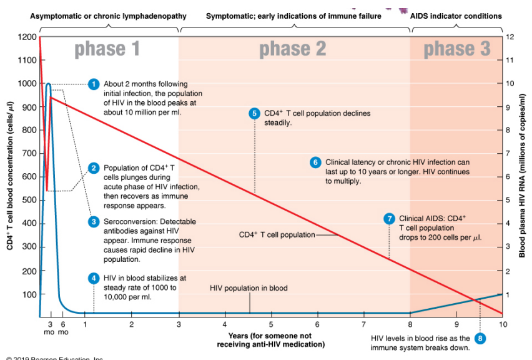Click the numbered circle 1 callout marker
[x=94, y=84]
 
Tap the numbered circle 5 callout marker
[x=254, y=113]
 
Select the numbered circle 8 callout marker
[x=480, y=338]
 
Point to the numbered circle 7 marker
[x=390, y=218]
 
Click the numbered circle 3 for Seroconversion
[x=94, y=221]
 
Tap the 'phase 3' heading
[x=457, y=49]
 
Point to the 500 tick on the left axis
[x=28, y=201]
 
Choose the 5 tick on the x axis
[x=271, y=324]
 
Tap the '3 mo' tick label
[x=50, y=328]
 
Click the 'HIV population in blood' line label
[x=249, y=288]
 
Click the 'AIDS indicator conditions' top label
[x=456, y=16]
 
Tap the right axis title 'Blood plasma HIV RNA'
[x=522, y=175]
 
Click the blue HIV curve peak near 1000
[x=48, y=84]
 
